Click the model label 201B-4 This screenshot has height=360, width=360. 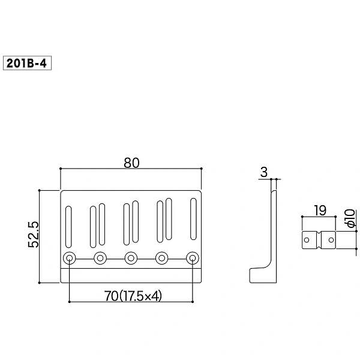pyautogui.click(x=26, y=63)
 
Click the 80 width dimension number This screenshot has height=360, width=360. pyautogui.click(x=131, y=163)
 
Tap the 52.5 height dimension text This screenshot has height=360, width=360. pyautogui.click(x=34, y=235)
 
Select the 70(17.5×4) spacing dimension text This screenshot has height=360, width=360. pyautogui.click(x=133, y=296)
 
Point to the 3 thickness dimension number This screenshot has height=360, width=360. pyautogui.click(x=264, y=172)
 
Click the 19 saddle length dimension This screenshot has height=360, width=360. pyautogui.click(x=320, y=211)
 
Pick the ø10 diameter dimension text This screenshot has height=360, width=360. pyautogui.click(x=351, y=218)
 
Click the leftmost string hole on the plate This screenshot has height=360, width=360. pyautogui.click(x=70, y=258)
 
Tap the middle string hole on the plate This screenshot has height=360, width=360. pyautogui.click(x=131, y=258)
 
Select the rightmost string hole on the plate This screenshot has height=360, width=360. pyautogui.click(x=193, y=258)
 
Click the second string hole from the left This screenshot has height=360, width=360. pyautogui.click(x=100, y=258)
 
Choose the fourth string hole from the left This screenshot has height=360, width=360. pyautogui.click(x=161, y=258)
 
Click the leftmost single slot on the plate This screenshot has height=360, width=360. pyautogui.click(x=68, y=227)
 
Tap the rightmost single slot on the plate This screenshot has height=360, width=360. pyautogui.click(x=194, y=219)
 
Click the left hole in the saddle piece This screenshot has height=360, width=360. pyautogui.click(x=307, y=240)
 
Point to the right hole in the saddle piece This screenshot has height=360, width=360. pyautogui.click(x=331, y=240)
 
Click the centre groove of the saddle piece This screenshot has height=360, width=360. pyautogui.click(x=319, y=240)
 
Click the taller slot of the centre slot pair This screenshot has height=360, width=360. pyautogui.click(x=136, y=221)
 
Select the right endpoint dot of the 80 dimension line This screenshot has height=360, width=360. pyautogui.click(x=202, y=169)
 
